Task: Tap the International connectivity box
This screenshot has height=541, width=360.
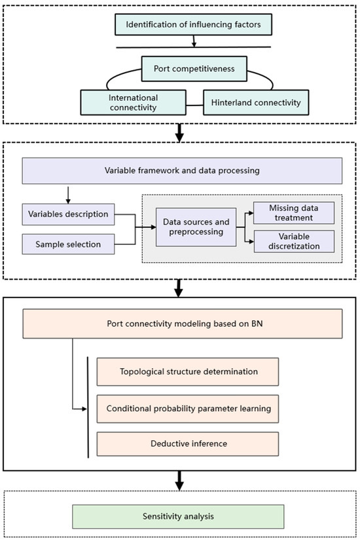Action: [x=133, y=101]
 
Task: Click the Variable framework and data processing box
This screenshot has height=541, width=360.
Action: [x=183, y=170]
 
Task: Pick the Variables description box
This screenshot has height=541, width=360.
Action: [x=68, y=214]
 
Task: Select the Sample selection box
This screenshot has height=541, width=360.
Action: [x=68, y=244]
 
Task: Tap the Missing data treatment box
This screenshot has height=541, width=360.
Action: [x=293, y=212]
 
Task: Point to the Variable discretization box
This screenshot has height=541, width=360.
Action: [x=293, y=242]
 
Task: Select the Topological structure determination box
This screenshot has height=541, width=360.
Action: [x=188, y=371]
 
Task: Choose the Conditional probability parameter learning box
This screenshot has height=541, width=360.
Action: [x=188, y=409]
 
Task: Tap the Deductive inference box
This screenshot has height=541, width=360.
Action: [x=188, y=443]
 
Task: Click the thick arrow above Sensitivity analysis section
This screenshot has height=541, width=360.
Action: [x=179, y=482]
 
